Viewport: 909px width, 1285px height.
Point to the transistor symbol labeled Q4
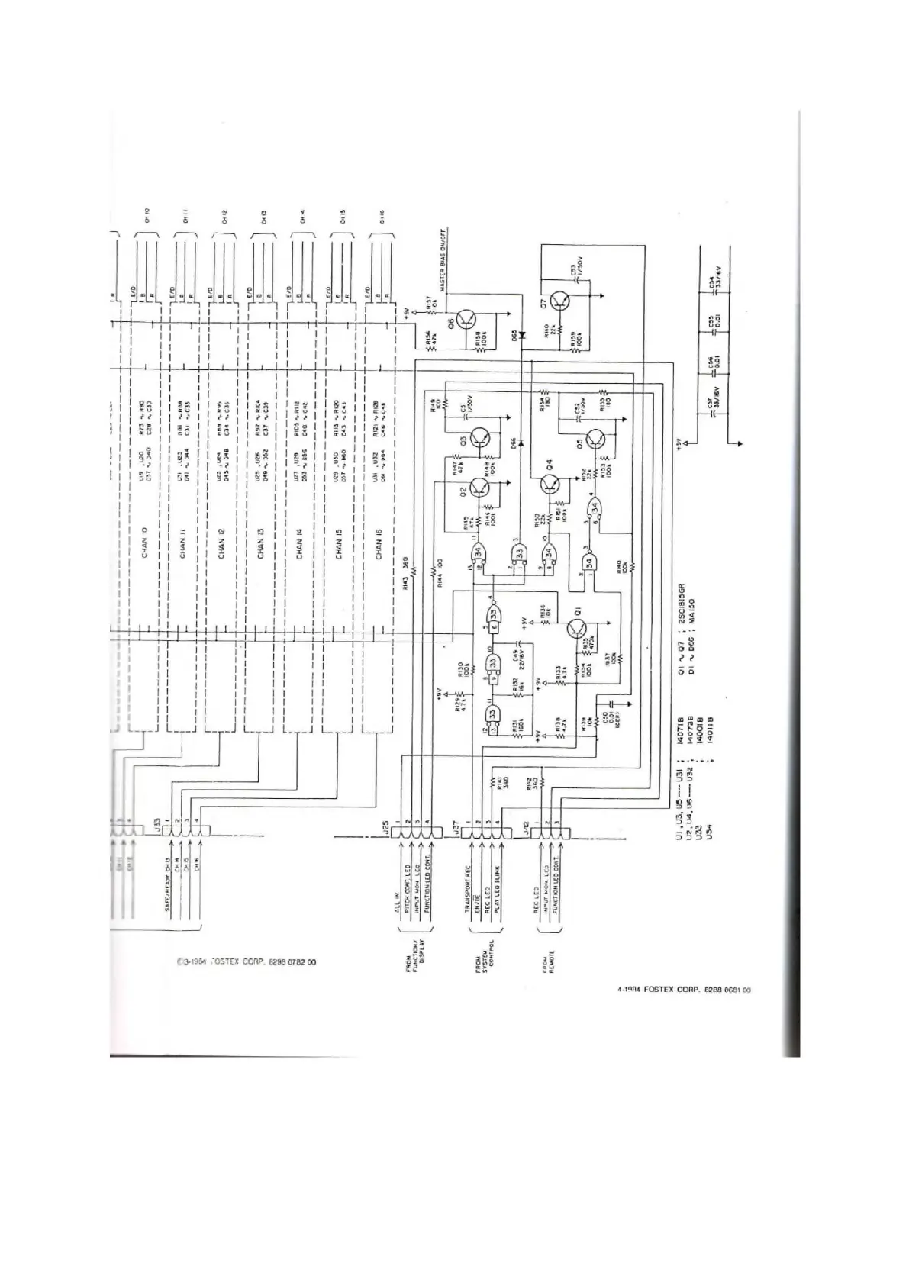pos(550,484)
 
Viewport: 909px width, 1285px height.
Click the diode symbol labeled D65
pos(524,335)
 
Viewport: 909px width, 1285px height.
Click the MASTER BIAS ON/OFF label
pos(443,259)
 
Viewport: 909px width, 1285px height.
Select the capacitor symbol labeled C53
pos(578,279)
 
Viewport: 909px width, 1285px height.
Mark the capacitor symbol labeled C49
pos(518,645)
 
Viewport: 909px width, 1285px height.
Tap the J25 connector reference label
pos(386,827)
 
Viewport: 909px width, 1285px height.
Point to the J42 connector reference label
pos(527,827)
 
